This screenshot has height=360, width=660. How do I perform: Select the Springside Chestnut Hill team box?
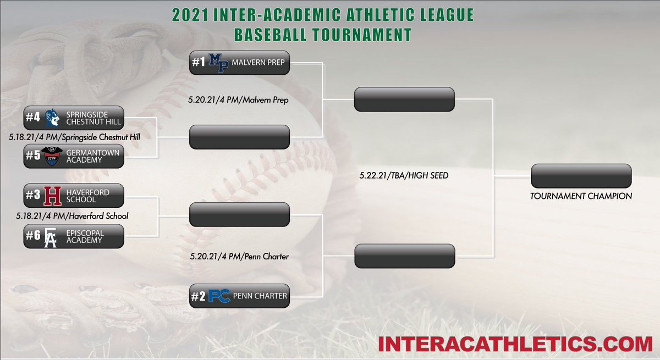[74, 118]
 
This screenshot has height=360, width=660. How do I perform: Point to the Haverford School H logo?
[52, 196]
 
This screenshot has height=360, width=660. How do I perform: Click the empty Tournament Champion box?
[581, 176]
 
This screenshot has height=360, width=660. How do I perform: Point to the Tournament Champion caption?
[581, 196]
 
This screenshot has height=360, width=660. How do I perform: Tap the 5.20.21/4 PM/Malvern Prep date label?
[239, 101]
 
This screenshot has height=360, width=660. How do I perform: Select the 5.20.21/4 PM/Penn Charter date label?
[239, 256]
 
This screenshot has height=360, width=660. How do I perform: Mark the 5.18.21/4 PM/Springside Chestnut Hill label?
[81, 136]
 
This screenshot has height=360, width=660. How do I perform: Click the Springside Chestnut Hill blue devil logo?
[52, 118]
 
